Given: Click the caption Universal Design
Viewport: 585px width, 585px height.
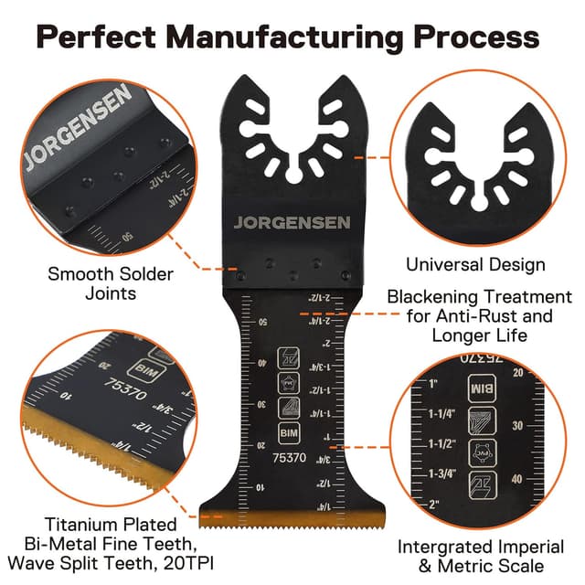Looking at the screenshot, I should tap(475, 265).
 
